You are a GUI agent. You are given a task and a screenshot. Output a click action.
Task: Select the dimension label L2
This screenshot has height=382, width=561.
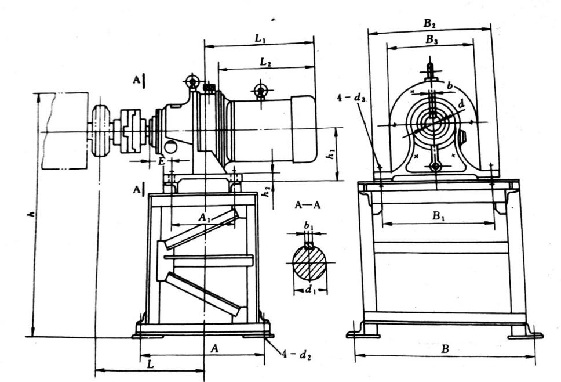(266, 63)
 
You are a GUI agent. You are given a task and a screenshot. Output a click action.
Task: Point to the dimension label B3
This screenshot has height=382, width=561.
(431, 40)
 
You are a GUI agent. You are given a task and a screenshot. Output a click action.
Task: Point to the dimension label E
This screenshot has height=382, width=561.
(162, 161)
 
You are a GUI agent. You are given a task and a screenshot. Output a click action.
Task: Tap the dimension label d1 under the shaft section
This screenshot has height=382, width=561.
(310, 289)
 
